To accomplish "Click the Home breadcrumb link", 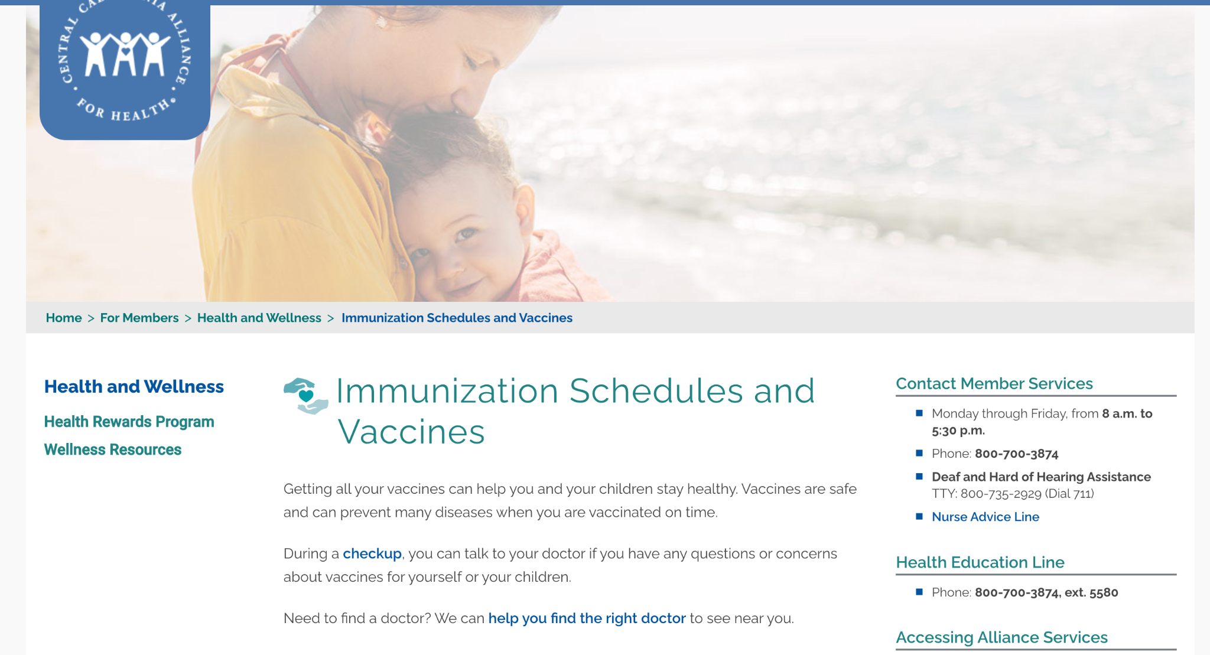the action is (x=64, y=318).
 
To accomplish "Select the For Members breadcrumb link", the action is (x=139, y=318).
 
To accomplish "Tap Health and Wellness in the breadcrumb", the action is (x=259, y=318).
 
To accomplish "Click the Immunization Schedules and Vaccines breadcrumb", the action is (x=457, y=318).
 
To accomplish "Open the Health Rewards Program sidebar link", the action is (x=129, y=422).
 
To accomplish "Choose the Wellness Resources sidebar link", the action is (x=112, y=449).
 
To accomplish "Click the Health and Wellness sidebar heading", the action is (x=134, y=386).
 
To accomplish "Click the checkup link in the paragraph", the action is (x=372, y=553).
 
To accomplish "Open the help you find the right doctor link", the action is (x=587, y=618).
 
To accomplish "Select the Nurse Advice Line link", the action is (x=985, y=517).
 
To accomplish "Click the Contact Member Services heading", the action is (x=994, y=383).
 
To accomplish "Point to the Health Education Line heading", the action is (x=980, y=562).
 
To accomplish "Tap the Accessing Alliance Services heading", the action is (x=1001, y=637).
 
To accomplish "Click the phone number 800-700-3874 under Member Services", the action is (x=1016, y=454).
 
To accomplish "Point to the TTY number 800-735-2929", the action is (x=1001, y=494).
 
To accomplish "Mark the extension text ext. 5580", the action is (x=1091, y=592).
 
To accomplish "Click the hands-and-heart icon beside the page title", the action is (x=306, y=396).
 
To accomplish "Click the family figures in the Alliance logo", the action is (x=125, y=54).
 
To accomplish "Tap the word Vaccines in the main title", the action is (x=411, y=432).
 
